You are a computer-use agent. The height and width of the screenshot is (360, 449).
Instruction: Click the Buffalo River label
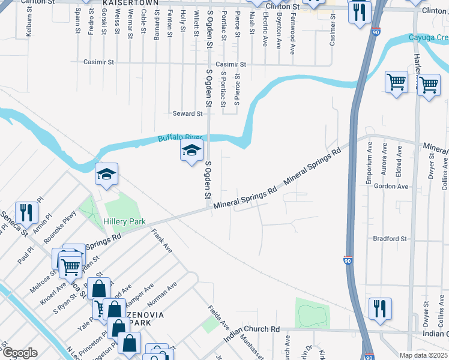pyautogui.click(x=177, y=138)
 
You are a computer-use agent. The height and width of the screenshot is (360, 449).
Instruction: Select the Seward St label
pyautogui.click(x=187, y=113)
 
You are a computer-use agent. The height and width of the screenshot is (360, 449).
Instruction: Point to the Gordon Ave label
pyautogui.click(x=391, y=187)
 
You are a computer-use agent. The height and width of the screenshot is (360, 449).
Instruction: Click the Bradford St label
pyautogui.click(x=390, y=238)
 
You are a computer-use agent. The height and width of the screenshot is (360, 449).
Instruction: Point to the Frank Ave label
pyautogui.click(x=161, y=240)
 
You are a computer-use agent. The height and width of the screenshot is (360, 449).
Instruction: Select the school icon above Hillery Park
pyautogui.click(x=107, y=175)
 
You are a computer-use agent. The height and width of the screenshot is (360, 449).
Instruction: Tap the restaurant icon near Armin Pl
pyautogui.click(x=26, y=212)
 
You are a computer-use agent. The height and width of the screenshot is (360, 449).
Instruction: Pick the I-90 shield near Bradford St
pyautogui.click(x=348, y=260)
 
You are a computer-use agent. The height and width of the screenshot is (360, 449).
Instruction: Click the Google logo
pyautogui.click(x=19, y=353)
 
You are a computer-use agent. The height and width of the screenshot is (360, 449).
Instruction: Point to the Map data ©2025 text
pyautogui.click(x=423, y=355)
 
